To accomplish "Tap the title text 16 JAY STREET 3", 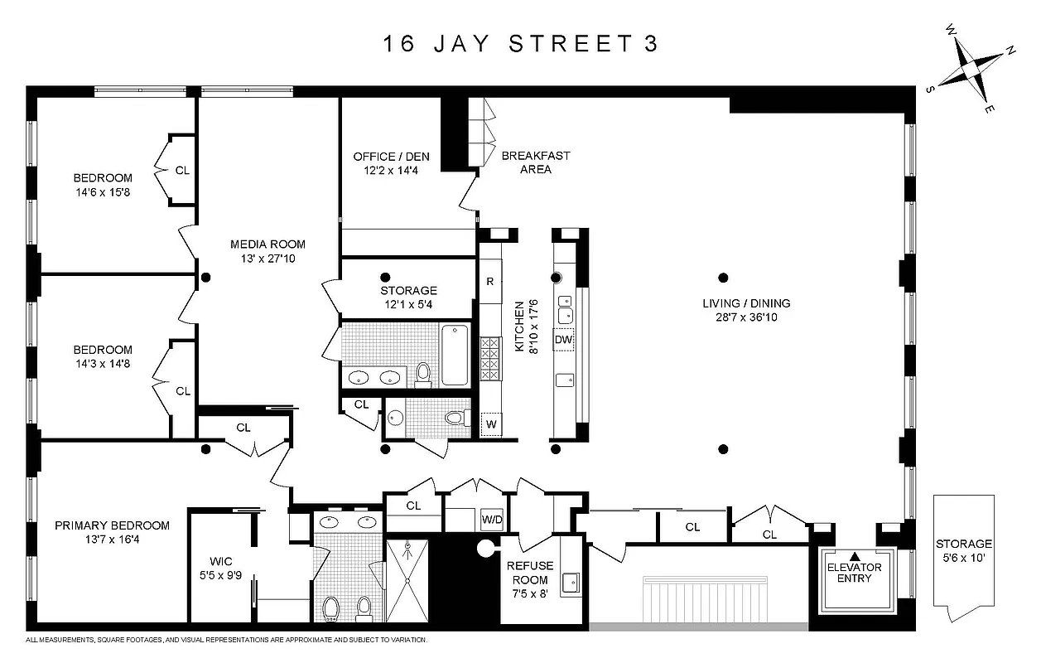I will pyautogui.click(x=520, y=44).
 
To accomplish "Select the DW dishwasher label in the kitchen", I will pyautogui.click(x=564, y=340).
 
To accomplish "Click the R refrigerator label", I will pyautogui.click(x=490, y=281).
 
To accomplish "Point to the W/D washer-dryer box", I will pyautogui.click(x=493, y=520).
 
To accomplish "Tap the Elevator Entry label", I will pyautogui.click(x=855, y=573).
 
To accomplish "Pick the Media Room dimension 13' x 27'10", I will pyautogui.click(x=267, y=259).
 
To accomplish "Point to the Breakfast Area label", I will pyautogui.click(x=536, y=162).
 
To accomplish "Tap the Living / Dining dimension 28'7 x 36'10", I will pyautogui.click(x=740, y=317).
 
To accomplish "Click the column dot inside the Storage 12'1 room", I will pyautogui.click(x=384, y=277).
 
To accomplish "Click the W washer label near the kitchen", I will pyautogui.click(x=490, y=425).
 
